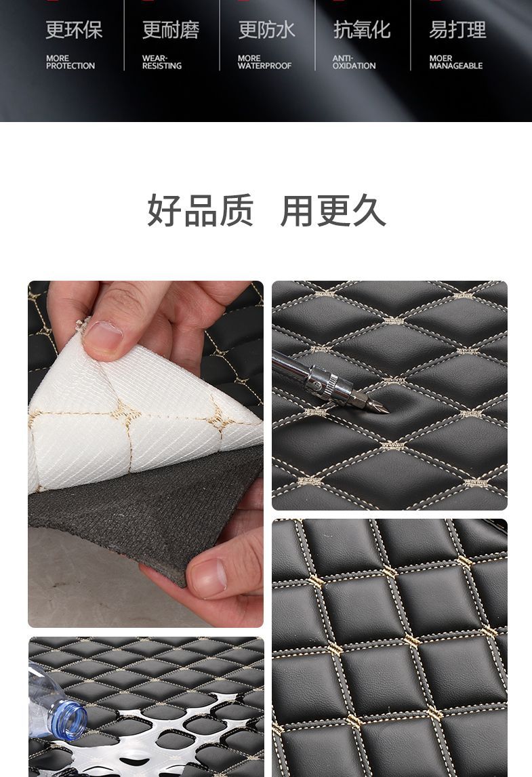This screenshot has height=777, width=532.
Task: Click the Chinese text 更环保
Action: pyautogui.click(x=74, y=30)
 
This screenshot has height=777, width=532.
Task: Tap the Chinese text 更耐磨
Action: pyautogui.click(x=170, y=30)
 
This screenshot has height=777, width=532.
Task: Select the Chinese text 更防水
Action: pyautogui.click(x=266, y=30)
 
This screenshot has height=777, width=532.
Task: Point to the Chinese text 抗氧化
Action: pyautogui.click(x=362, y=30)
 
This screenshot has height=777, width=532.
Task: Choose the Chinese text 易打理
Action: pyautogui.click(x=457, y=30)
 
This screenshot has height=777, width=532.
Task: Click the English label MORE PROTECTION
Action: pyautogui.click(x=70, y=62)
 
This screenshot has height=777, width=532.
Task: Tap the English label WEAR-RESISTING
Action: pyautogui.click(x=161, y=62)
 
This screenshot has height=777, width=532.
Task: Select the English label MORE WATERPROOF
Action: pyautogui.click(x=264, y=62)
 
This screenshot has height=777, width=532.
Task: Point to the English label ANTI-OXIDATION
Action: pyautogui.click(x=354, y=62)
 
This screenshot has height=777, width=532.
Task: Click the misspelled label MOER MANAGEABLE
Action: pyautogui.click(x=455, y=62)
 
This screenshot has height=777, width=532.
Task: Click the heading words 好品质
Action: pyautogui.click(x=201, y=211)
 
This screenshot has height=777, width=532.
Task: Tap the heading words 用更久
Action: pyautogui.click(x=333, y=211)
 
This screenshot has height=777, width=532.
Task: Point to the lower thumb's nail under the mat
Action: pyautogui.click(x=209, y=577)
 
